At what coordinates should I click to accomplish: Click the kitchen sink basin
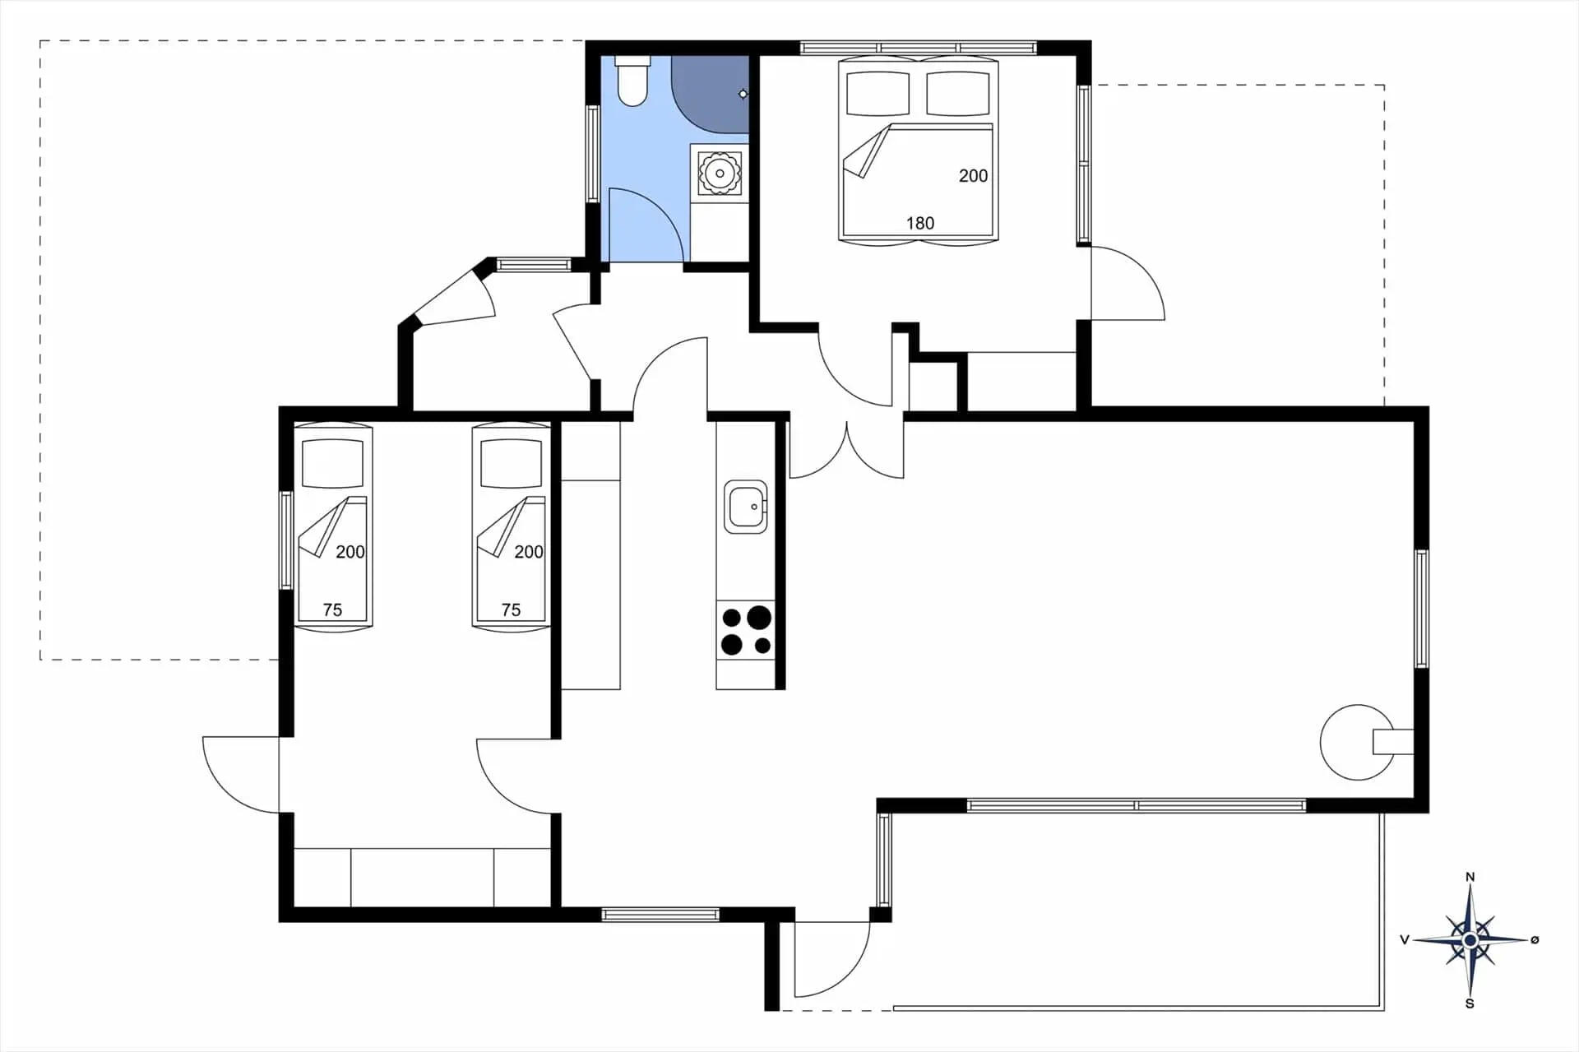745,507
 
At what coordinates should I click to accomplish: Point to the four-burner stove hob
745,631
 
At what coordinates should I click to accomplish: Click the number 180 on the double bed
919,223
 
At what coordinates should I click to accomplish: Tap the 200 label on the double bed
973,175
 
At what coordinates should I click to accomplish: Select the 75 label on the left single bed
332,609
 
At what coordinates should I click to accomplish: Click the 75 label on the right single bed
511,609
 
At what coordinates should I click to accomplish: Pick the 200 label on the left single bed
350,552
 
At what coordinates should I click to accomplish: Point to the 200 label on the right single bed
529,552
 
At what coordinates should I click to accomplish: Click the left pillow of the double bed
877,94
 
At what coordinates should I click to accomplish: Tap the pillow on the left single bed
332,463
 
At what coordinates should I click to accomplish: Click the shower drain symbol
743,95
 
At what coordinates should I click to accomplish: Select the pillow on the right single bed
511,463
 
